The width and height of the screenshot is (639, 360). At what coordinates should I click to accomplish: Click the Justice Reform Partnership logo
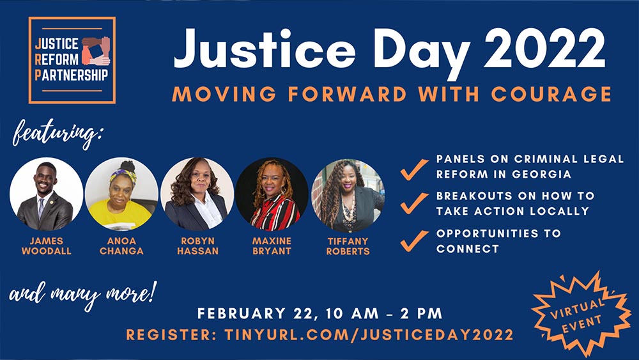[72, 60]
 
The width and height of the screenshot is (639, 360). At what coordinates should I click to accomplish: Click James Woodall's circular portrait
[46, 194]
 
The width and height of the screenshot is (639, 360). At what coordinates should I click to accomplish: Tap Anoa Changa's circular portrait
[121, 194]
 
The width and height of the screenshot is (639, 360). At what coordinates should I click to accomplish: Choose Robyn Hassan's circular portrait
[197, 194]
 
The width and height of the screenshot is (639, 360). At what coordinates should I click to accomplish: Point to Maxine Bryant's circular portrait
[272, 194]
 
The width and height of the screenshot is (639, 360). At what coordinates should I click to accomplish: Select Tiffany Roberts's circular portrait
[348, 194]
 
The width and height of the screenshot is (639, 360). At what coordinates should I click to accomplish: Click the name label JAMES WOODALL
[46, 246]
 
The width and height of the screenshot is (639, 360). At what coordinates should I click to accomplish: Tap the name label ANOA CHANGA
[121, 246]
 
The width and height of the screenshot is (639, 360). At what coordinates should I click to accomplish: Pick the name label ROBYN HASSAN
[197, 246]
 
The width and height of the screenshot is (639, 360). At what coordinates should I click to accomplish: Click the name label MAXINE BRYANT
[272, 246]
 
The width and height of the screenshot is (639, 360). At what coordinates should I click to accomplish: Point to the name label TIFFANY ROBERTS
[348, 246]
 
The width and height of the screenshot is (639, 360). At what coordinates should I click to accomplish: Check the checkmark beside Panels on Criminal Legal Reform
[414, 167]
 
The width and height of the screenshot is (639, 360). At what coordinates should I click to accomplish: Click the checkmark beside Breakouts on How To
[414, 203]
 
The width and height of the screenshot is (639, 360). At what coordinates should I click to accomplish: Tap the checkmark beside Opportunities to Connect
[414, 240]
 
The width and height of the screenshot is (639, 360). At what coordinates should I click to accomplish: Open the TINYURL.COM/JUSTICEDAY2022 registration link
[369, 334]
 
